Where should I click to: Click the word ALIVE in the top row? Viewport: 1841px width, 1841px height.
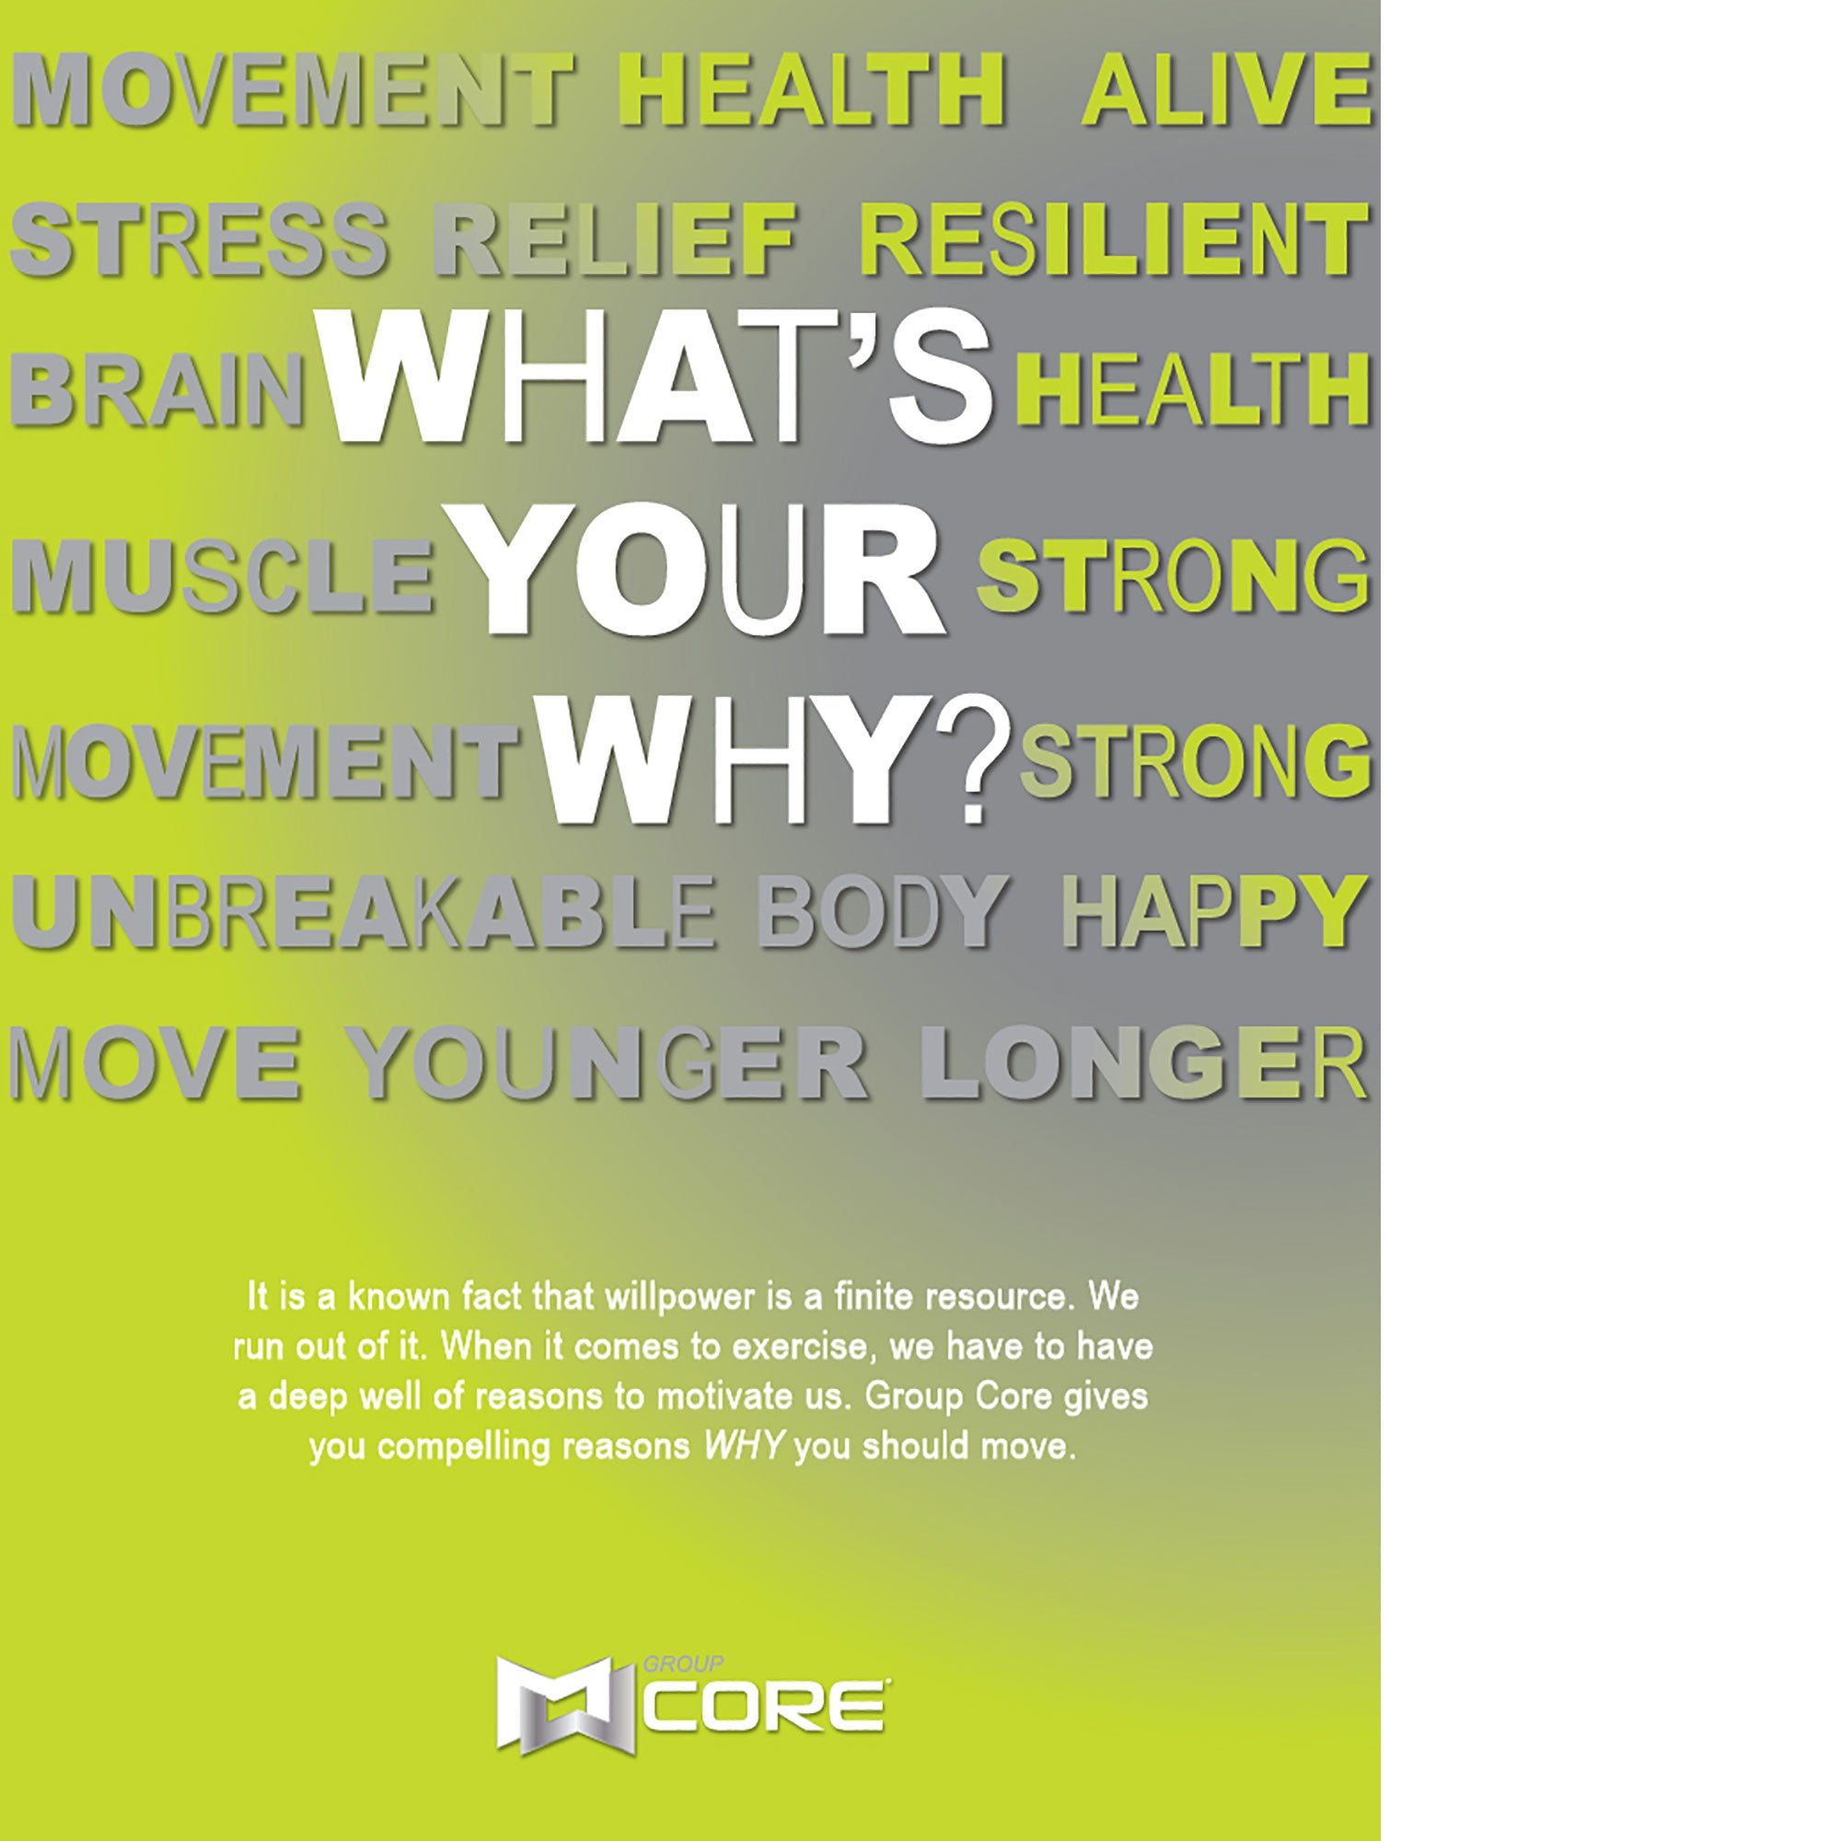coord(1227,88)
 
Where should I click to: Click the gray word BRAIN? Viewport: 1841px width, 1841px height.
coord(158,389)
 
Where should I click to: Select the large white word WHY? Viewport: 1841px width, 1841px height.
coord(770,759)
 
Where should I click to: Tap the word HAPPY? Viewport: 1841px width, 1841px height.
coord(1215,912)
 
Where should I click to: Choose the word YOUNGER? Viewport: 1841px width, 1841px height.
coord(606,1062)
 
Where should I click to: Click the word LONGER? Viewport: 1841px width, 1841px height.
coord(1144,1062)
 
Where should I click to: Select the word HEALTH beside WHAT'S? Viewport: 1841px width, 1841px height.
coord(1192,389)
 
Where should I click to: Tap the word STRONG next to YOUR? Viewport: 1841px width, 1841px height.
coord(1174,575)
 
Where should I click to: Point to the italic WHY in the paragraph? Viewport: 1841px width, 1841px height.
coord(744,1446)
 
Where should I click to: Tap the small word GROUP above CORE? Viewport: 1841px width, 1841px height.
coord(683,1663)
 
